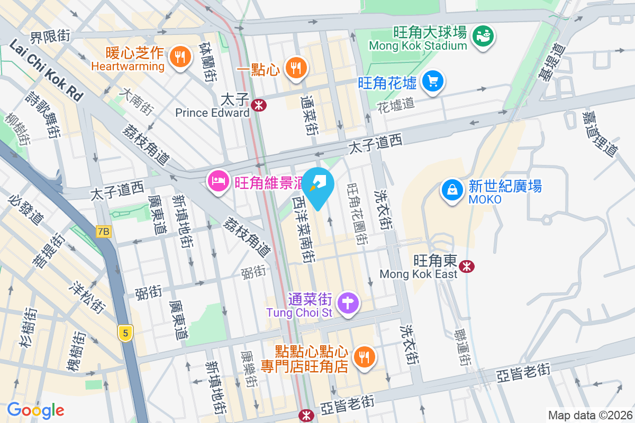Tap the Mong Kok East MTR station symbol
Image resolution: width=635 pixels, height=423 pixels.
tap(466, 266)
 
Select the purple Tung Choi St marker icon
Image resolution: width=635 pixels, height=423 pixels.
tap(349, 304)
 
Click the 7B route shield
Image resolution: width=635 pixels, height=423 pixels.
tap(104, 231)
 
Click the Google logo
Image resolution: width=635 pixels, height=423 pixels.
tap(35, 410)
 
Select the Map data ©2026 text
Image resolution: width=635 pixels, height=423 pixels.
tap(590, 416)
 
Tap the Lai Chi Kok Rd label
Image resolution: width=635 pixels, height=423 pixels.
tap(46, 71)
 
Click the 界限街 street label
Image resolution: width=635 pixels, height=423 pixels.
tap(50, 36)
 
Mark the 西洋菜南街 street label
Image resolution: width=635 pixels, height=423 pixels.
tap(305, 230)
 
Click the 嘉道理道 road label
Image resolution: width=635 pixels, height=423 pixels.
tap(600, 133)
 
